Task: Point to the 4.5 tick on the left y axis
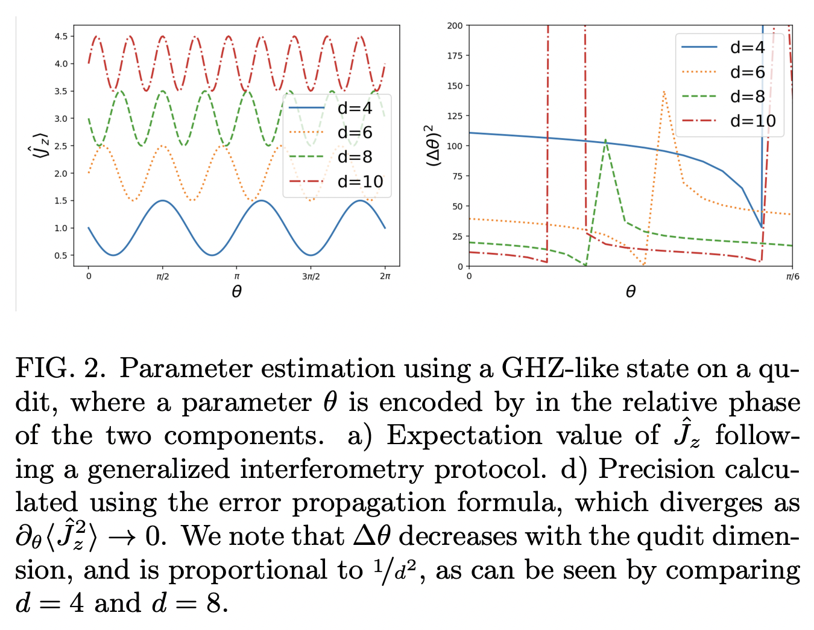(60, 36)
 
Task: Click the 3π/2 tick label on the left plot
(311, 277)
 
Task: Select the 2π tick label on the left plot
(385, 277)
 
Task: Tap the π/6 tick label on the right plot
(792, 277)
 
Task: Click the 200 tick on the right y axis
(455, 25)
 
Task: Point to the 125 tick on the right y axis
(455, 116)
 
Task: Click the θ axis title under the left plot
(236, 292)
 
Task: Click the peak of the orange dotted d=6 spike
(663, 91)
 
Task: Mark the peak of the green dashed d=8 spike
(605, 139)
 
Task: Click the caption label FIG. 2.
(60, 368)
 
